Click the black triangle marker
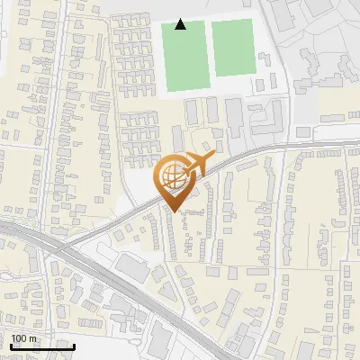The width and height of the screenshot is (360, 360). (x=181, y=24)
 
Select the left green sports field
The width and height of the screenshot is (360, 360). (x=184, y=55)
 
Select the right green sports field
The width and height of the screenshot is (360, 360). (x=231, y=48)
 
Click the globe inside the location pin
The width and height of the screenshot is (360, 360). (x=172, y=179)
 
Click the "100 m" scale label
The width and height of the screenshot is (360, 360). (x=24, y=338)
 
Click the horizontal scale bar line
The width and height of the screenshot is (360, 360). (x=41, y=346)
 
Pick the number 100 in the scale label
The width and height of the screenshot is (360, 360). (x=20, y=338)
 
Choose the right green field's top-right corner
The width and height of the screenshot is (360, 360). (x=252, y=21)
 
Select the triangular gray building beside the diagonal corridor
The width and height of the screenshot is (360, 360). (x=131, y=268)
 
